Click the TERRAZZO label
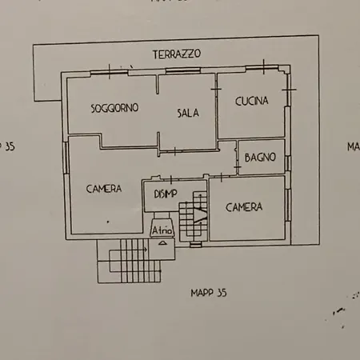tap(177, 54)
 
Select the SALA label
tap(187, 113)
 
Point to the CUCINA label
tap(251, 101)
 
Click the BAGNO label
tap(260, 157)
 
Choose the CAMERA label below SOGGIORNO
tap(103, 189)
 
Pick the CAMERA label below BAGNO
tap(243, 207)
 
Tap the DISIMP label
tap(161, 194)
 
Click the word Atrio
tap(162, 230)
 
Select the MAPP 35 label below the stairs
tap(209, 293)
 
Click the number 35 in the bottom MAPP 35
tap(222, 293)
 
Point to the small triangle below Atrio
tap(162, 239)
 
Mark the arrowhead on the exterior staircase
tap(146, 249)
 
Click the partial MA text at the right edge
tap(353, 146)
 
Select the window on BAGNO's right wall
tap(286, 158)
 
